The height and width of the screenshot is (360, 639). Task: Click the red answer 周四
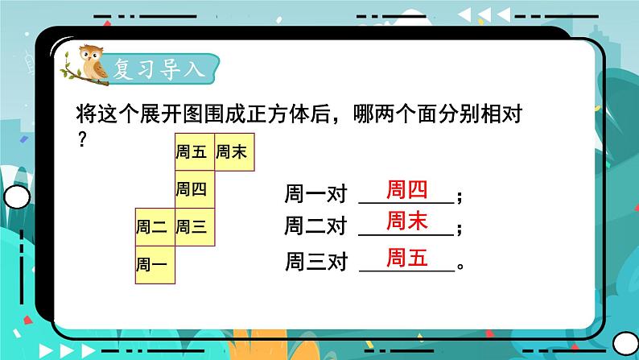click(406, 190)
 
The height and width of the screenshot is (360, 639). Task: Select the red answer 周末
click(406, 222)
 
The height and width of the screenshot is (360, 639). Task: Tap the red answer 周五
click(406, 259)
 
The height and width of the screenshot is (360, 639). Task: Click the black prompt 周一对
click(315, 195)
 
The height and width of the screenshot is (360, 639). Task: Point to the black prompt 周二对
click(315, 228)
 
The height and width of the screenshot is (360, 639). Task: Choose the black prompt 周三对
click(315, 262)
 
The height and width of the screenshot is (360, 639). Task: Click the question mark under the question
click(80, 139)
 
